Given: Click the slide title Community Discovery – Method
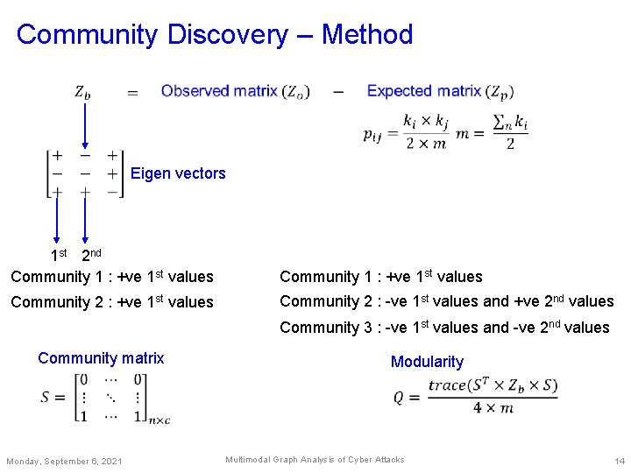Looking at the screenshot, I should (x=215, y=35).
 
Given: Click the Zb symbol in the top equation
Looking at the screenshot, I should (x=82, y=92).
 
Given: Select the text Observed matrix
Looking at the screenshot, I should (x=219, y=91).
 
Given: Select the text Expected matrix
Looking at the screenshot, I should (x=424, y=91).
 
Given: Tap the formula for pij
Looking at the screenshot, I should (x=404, y=132).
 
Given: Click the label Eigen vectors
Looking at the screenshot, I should (x=178, y=173).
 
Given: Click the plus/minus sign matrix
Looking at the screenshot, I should (x=84, y=173).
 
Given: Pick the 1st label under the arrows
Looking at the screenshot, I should (x=59, y=256).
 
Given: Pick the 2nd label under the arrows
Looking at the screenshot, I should (x=91, y=256).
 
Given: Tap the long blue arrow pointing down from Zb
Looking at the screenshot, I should (x=84, y=123).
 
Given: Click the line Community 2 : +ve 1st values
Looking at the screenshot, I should (x=112, y=302).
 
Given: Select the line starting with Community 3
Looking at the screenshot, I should (x=444, y=328).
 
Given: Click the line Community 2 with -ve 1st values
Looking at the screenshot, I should (x=446, y=301).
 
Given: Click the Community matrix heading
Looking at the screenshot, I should (x=101, y=357).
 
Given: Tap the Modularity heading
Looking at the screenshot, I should (x=427, y=362).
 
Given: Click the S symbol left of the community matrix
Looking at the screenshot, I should (x=47, y=397).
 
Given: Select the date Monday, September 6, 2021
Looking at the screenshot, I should (x=65, y=462).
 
